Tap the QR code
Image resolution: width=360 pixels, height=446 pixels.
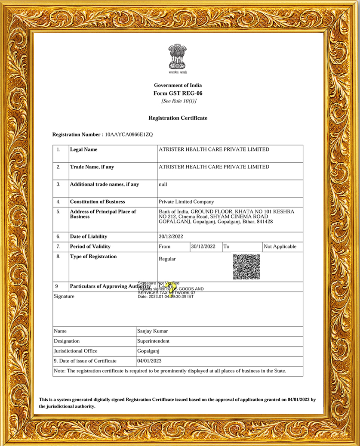246,267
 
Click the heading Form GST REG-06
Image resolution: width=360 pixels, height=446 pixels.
178,93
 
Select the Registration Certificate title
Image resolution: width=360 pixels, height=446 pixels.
178,118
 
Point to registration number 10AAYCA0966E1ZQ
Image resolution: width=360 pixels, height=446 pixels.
129,135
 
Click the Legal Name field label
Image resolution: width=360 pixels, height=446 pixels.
83,149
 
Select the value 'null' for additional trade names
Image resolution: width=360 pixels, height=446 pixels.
163,184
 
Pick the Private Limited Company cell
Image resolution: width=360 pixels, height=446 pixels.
186,201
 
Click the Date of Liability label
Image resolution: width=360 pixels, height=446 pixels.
89,236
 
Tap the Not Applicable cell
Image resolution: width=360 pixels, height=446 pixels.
280,247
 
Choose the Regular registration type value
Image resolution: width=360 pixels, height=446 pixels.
167,259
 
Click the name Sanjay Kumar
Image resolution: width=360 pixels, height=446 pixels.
152,331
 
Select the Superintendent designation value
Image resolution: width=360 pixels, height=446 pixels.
153,341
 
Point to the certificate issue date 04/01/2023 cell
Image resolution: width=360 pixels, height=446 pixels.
149,361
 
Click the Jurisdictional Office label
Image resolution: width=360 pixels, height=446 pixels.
76,351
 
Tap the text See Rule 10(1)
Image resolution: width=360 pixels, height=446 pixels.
178,101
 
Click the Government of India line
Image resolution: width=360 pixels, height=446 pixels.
178,85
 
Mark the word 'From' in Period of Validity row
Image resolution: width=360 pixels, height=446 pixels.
165,247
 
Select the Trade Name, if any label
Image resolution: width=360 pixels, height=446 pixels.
92,167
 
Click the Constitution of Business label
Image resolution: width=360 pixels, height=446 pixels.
98,201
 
